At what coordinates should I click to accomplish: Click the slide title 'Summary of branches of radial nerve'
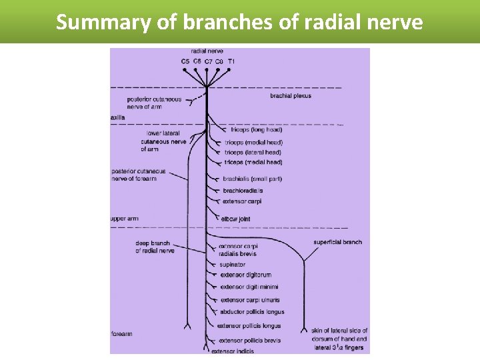tap(239, 21)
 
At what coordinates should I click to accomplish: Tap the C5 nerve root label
tap(185, 61)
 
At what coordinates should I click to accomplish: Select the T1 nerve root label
tap(231, 61)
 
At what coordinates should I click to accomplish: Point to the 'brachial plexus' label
tap(291, 96)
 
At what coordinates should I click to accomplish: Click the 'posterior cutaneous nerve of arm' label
tap(154, 103)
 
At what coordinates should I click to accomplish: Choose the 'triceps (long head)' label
tap(247, 129)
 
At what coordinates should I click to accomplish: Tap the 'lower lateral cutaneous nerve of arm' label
tap(163, 141)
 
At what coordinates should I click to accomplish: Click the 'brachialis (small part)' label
tap(253, 179)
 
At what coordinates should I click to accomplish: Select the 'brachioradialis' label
tap(243, 191)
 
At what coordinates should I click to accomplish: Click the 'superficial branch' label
tap(337, 242)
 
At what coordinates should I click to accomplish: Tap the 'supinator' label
tap(232, 265)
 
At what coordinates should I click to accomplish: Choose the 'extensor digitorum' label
tap(245, 275)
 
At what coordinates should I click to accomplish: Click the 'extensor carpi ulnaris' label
tap(250, 300)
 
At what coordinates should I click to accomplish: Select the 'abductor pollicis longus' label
tap(252, 312)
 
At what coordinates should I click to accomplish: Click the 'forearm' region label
tap(123, 333)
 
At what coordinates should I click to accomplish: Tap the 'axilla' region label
tap(117, 117)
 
